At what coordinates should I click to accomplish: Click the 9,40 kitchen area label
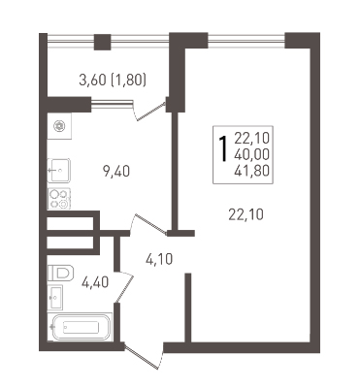116,171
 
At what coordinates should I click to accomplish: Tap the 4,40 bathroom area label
95,282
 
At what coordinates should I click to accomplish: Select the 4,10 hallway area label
159,259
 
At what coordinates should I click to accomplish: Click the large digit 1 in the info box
222,148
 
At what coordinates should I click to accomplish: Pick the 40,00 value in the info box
251,155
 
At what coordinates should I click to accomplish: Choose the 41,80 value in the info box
251,171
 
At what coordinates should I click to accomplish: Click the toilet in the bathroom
60,273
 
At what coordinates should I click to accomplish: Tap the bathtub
80,327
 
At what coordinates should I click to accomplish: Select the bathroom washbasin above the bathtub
55,297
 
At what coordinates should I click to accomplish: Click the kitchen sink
59,171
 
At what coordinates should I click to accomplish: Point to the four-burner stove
59,199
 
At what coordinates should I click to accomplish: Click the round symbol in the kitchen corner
59,125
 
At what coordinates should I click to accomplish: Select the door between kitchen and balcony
150,111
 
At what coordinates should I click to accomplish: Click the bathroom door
123,288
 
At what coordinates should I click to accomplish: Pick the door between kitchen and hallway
148,224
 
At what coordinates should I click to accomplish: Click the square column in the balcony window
102,42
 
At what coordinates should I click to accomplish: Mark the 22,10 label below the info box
245,214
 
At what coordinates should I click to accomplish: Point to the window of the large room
246,41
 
